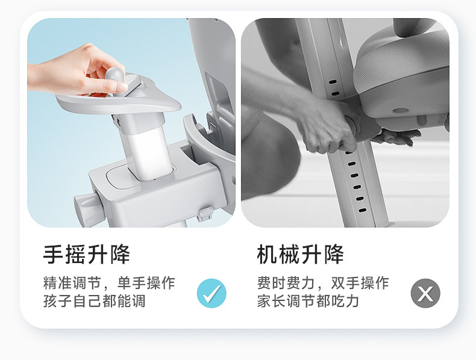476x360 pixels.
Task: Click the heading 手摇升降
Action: [87, 254]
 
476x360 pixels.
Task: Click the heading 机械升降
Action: [300, 254]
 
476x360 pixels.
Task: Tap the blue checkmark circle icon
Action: [211, 293]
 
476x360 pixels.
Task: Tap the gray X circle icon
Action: [425, 293]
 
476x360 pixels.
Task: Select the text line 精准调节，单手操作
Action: [109, 283]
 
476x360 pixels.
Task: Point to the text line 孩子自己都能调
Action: [95, 301]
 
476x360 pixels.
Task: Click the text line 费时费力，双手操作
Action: [323, 283]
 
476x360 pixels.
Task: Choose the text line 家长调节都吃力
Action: [308, 301]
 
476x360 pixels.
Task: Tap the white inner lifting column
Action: [149, 152]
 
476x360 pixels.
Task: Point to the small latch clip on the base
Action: [205, 213]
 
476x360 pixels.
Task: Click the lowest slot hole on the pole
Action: [362, 210]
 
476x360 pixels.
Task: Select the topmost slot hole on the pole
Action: [333, 82]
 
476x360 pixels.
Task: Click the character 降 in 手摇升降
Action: [121, 254]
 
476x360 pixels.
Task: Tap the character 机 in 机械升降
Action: [267, 254]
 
